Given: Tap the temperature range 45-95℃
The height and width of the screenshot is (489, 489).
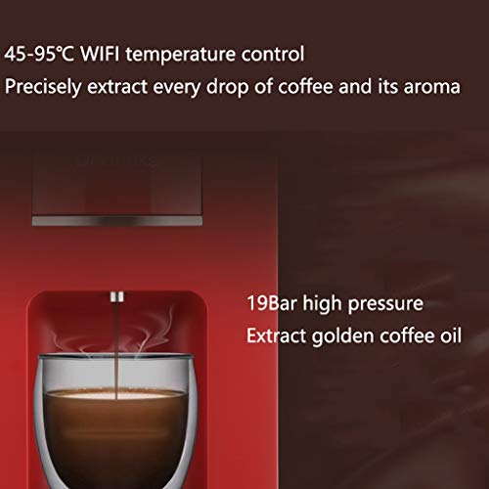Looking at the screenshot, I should click(x=43, y=52).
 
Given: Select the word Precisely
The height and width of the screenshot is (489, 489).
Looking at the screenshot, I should click(x=44, y=86).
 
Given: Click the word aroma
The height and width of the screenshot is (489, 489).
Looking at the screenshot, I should click(x=431, y=86).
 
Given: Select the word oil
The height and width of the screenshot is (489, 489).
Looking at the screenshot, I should click(x=448, y=336).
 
